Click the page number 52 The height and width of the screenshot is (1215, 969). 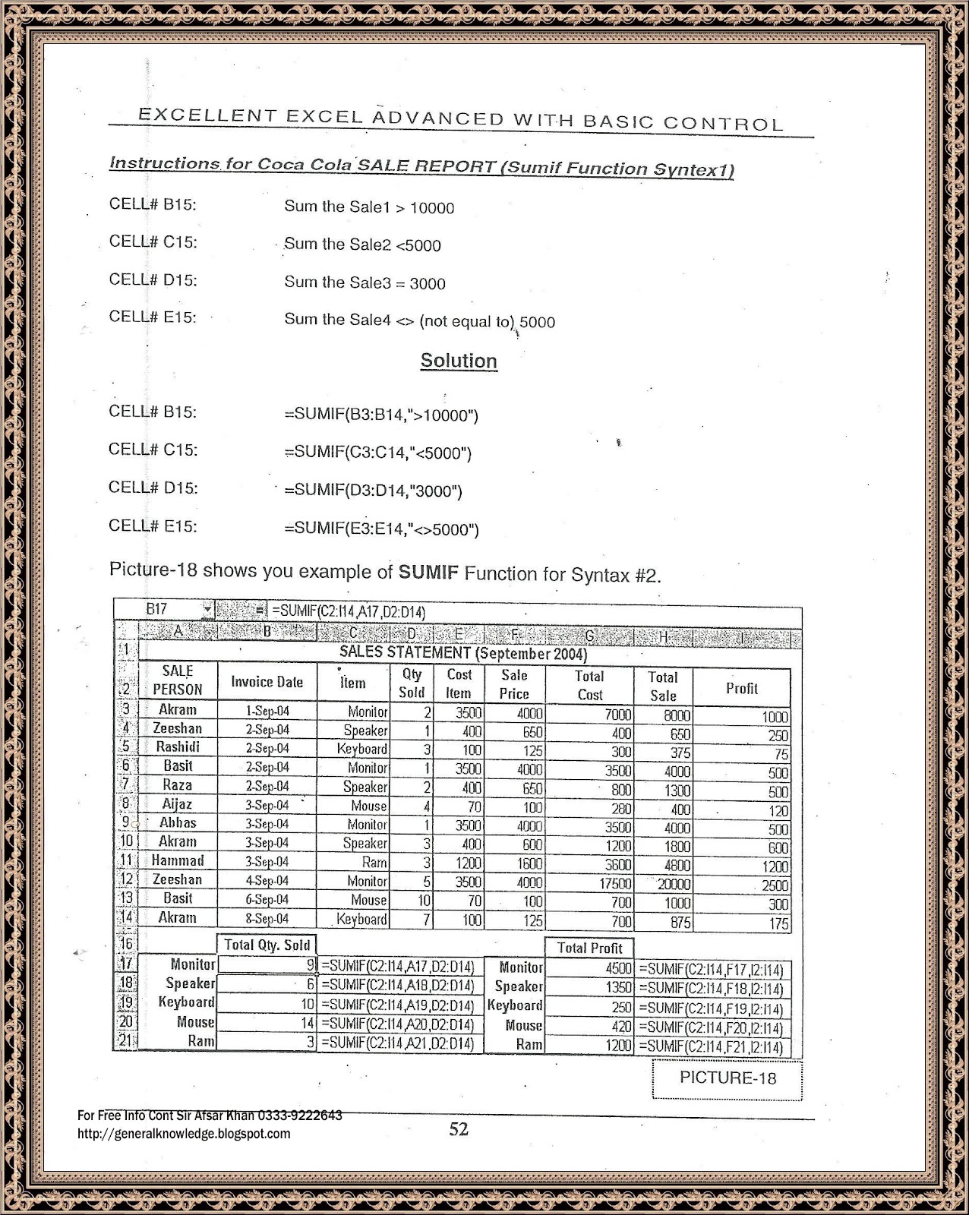(x=459, y=1129)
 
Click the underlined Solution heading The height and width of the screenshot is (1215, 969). (x=459, y=361)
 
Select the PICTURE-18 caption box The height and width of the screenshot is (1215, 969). (x=727, y=1078)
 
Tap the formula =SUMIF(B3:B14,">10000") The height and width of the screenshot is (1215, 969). (x=381, y=415)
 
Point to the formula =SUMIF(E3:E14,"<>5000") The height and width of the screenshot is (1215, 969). (x=381, y=529)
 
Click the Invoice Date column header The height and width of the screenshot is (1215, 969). (x=267, y=682)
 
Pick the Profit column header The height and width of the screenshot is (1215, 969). (x=741, y=688)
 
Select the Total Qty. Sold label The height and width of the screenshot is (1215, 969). (x=267, y=945)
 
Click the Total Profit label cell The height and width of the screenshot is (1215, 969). (x=589, y=948)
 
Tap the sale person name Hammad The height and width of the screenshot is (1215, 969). (x=178, y=860)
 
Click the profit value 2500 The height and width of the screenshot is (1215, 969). (x=775, y=885)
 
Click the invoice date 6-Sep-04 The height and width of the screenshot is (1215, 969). (x=267, y=899)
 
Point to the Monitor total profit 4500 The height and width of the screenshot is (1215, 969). (x=618, y=968)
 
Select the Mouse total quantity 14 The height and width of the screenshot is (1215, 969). (x=307, y=1023)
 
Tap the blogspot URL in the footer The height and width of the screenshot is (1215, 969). (x=184, y=1134)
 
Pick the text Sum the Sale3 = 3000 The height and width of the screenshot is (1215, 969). (x=365, y=283)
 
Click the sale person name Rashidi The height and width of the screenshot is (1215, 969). (x=178, y=747)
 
